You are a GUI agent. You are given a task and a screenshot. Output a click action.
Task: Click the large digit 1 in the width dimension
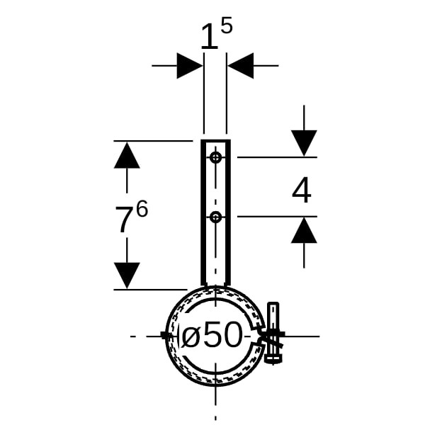(210, 36)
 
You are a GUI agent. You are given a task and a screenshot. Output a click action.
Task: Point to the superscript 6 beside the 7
(142, 209)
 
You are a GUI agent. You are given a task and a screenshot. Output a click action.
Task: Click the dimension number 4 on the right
(302, 190)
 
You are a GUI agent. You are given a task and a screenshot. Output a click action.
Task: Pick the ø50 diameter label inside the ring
(211, 334)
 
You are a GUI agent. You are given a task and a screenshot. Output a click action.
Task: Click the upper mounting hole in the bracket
(216, 157)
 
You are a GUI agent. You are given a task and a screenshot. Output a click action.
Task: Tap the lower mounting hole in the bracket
(216, 217)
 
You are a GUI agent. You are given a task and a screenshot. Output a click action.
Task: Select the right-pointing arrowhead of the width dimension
(189, 66)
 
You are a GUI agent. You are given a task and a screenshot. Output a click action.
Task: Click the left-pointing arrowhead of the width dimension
(241, 66)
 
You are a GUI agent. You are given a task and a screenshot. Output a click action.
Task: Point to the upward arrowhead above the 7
(127, 155)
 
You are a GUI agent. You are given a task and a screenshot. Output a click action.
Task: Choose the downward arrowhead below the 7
(127, 276)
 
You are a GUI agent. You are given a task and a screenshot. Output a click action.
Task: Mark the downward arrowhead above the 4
(304, 143)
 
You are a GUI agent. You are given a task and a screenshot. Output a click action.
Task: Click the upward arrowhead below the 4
(304, 230)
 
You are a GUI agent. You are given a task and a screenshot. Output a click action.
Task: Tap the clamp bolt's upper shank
(273, 316)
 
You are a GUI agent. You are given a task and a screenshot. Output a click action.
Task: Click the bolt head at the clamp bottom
(273, 359)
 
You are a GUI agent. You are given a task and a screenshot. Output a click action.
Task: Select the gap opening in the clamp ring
(258, 336)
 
